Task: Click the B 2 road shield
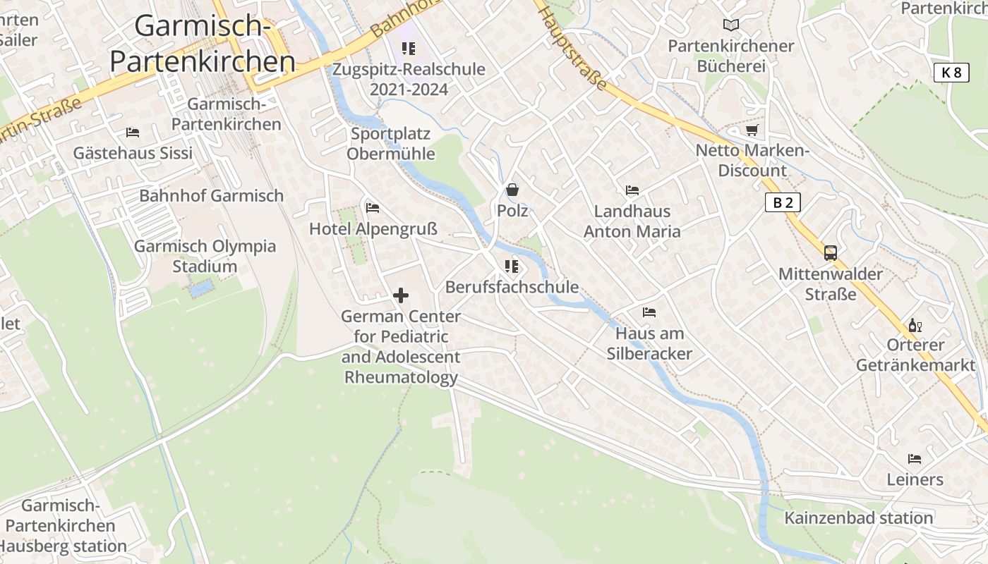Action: point(783,202)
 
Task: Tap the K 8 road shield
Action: point(951,72)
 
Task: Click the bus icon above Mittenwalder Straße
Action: point(831,253)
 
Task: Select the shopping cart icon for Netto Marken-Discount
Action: point(752,130)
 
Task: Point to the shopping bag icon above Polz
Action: point(512,190)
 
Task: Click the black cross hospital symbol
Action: point(401,295)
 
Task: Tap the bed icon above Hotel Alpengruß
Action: point(373,207)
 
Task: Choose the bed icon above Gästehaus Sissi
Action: point(133,132)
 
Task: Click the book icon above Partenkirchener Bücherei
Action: point(731,25)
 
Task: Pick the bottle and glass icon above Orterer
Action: point(915,325)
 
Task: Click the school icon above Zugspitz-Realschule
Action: point(409,49)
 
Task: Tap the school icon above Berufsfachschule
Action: point(512,266)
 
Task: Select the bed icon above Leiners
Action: point(915,459)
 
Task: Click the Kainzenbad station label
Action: point(858,518)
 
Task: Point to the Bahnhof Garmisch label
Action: point(211,196)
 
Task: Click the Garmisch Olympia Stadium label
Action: point(205,257)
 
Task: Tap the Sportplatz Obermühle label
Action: point(390,143)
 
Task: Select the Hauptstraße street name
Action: point(572,47)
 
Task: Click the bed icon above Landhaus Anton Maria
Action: point(632,190)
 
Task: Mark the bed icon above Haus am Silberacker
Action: point(649,312)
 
